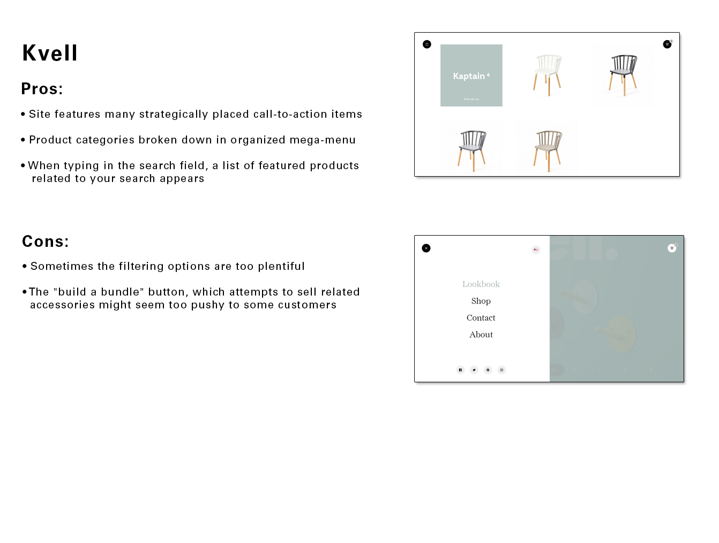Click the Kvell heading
tap(50, 53)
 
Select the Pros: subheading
tap(42, 89)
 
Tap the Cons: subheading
tap(46, 242)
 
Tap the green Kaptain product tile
tap(471, 76)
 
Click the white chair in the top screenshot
tap(547, 75)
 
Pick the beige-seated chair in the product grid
tap(547, 149)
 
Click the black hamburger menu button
tap(427, 44)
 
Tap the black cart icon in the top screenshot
tap(667, 44)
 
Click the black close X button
tap(426, 248)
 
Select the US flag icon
tap(536, 250)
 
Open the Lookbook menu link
tap(481, 284)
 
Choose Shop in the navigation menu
tap(481, 301)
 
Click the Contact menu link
tap(481, 318)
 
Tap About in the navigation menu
tap(481, 335)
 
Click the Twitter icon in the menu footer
tap(474, 370)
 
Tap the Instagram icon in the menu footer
tap(501, 370)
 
